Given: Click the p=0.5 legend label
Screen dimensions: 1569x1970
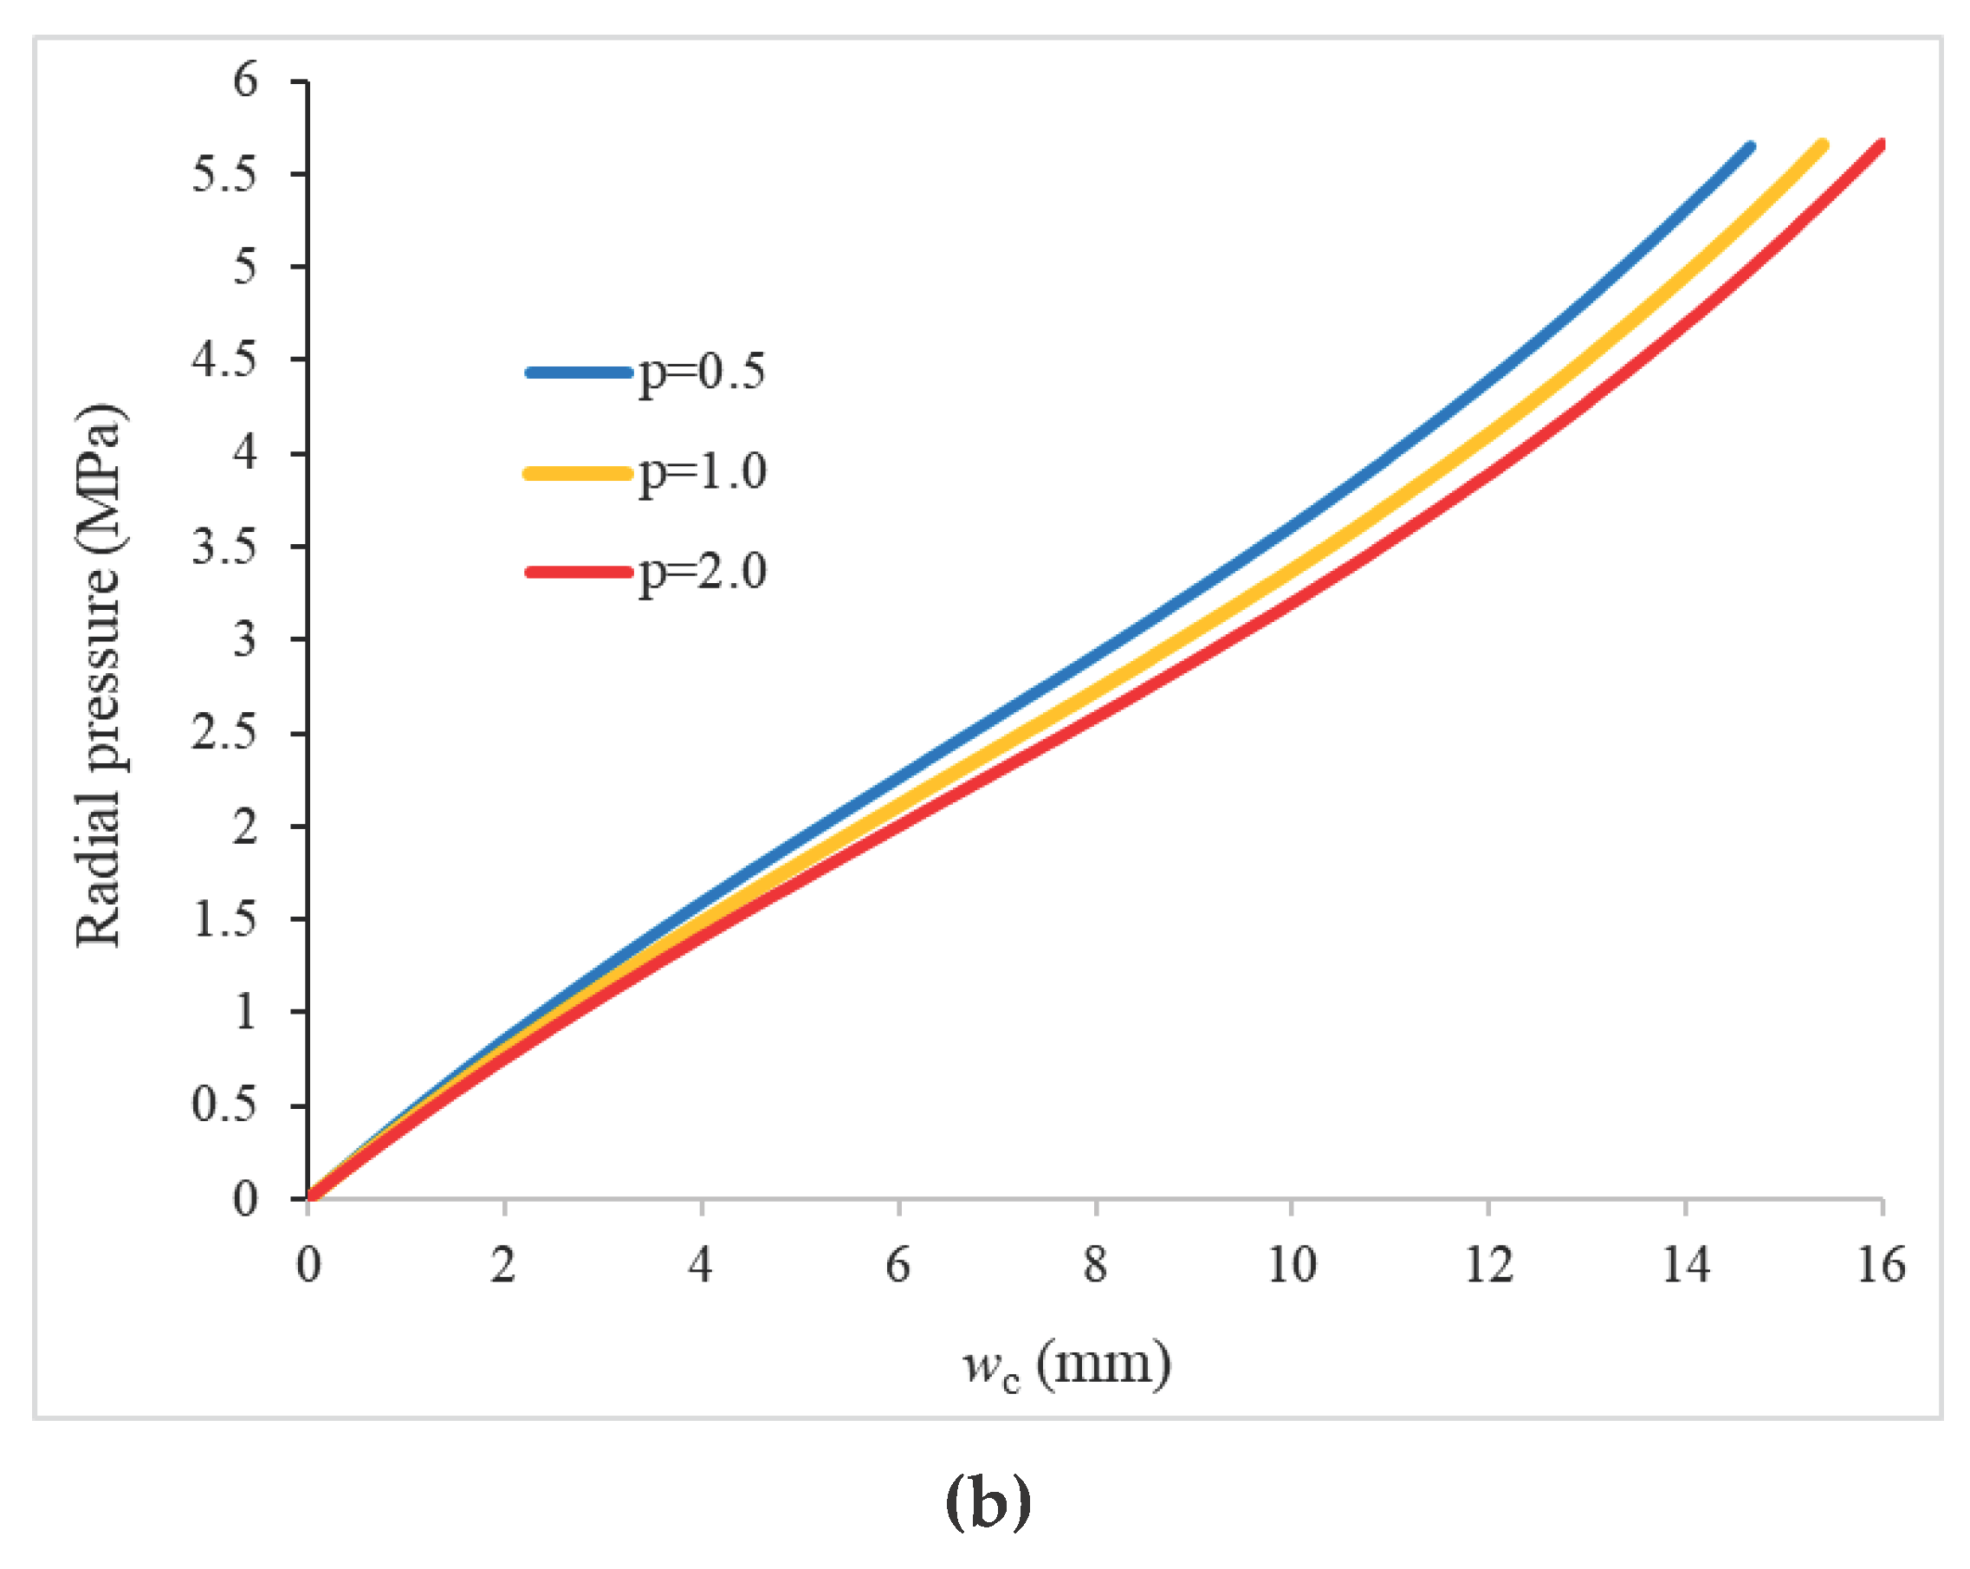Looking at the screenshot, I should (x=702, y=373).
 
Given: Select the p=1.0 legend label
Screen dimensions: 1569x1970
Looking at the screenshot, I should (x=702, y=473).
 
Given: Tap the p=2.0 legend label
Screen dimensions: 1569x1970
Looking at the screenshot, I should (x=702, y=573).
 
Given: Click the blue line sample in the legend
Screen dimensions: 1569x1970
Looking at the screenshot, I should (x=579, y=373).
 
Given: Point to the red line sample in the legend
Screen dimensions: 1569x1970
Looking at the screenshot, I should (x=579, y=573).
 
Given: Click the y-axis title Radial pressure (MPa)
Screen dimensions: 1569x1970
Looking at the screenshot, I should (x=99, y=677).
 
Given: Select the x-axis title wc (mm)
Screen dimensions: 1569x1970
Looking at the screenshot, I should (x=1066, y=1366).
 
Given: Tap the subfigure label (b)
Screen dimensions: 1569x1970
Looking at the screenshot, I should (x=988, y=1501).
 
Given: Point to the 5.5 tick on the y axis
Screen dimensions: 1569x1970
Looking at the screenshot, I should (x=224, y=173).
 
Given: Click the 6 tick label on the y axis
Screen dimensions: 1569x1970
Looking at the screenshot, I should (x=245, y=81).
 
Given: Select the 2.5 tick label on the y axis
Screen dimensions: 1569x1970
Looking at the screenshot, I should (x=224, y=732).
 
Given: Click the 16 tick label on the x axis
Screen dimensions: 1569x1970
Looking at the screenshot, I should (x=1881, y=1266).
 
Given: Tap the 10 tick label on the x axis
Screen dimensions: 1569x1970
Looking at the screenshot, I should (x=1291, y=1266).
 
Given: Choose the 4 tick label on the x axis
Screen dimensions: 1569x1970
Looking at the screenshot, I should (x=700, y=1266).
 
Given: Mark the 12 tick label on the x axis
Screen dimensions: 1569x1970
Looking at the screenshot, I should (x=1488, y=1266).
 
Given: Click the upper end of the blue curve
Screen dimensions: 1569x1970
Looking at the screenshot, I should (x=1751, y=146).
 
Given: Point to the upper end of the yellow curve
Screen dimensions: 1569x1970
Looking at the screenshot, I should (x=1823, y=146).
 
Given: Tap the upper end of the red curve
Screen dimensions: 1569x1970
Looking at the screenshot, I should (x=1881, y=145).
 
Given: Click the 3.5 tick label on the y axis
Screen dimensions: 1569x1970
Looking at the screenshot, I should (x=224, y=547).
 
